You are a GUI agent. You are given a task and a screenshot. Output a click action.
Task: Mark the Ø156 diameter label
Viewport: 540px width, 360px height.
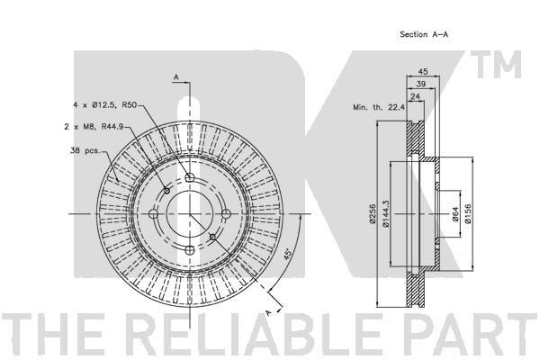coord(467,214)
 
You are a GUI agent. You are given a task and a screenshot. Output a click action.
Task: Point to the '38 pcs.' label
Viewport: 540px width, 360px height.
coord(86,150)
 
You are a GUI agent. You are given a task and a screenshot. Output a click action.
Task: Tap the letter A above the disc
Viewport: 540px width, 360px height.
coord(175,77)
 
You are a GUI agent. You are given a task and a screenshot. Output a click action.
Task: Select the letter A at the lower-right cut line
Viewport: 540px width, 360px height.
coord(267,311)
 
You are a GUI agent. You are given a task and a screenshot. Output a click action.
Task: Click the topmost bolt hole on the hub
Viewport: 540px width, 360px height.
coord(189,177)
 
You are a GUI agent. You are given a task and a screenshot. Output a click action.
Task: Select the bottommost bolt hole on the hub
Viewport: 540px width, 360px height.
coord(190,251)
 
